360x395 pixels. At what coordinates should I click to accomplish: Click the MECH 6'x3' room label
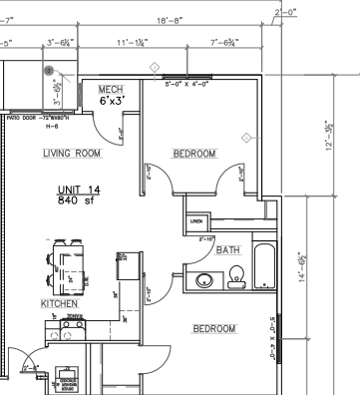click(111, 96)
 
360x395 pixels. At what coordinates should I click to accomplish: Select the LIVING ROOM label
click(72, 154)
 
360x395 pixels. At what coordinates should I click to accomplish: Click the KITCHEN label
click(59, 302)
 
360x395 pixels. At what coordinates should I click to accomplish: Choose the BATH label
click(228, 250)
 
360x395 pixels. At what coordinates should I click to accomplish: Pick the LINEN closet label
click(196, 220)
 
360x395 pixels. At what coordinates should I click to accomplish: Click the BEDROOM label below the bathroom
click(213, 328)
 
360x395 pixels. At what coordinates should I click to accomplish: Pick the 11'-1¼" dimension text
click(132, 43)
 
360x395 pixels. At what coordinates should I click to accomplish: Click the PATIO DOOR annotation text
click(31, 118)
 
